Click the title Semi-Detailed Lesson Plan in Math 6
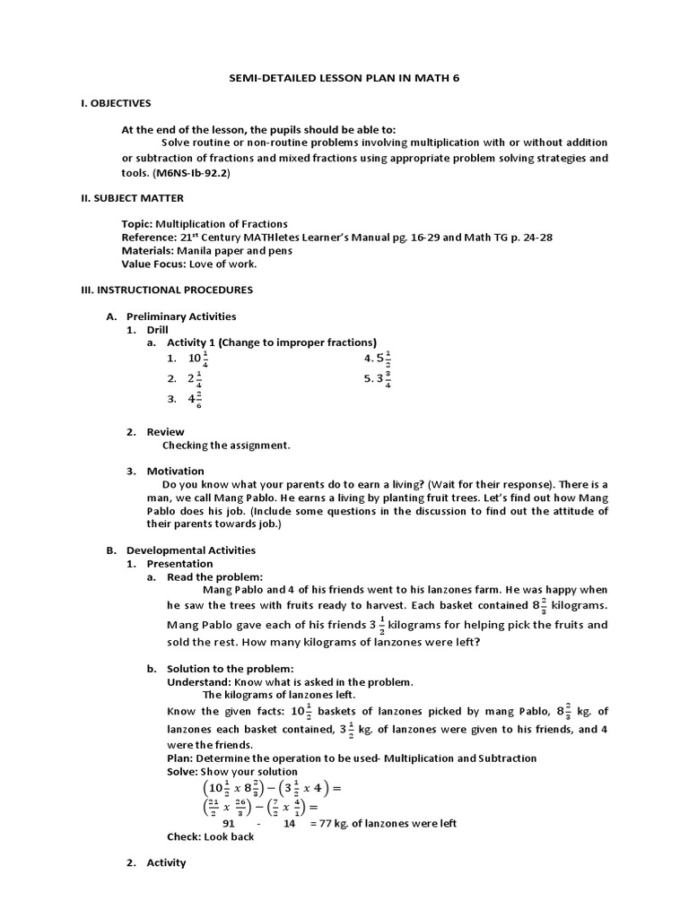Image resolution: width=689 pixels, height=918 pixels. [344, 79]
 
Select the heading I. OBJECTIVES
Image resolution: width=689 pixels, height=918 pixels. [116, 103]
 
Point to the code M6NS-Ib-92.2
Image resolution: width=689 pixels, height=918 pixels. [191, 172]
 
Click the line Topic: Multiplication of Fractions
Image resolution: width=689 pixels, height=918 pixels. [205, 223]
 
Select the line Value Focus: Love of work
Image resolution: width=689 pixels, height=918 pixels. [189, 264]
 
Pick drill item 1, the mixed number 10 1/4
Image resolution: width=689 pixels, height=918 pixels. [196, 359]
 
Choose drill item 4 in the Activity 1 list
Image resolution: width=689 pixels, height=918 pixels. [378, 359]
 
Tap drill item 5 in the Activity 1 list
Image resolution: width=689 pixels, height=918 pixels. [378, 378]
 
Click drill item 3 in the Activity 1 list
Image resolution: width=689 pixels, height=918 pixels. [195, 400]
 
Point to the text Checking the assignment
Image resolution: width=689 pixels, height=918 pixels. [226, 445]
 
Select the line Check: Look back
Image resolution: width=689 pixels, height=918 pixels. [211, 836]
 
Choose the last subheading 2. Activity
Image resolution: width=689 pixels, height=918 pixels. [166, 862]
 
